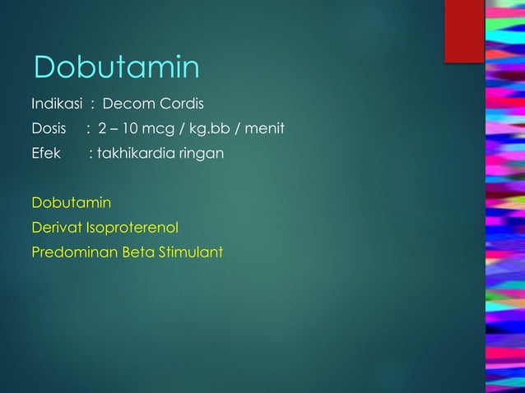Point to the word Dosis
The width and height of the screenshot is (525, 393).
[x=48, y=129]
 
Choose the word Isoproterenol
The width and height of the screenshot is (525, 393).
[x=132, y=227]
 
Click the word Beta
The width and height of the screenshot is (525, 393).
[x=137, y=252]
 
